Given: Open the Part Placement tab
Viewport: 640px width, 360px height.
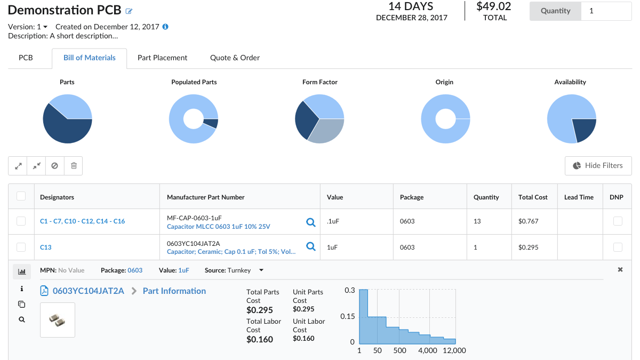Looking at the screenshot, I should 162,58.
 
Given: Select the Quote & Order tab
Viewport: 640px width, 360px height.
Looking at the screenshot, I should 235,58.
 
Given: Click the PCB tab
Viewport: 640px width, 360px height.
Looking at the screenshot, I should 26,58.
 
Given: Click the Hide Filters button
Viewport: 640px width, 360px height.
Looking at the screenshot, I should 598,165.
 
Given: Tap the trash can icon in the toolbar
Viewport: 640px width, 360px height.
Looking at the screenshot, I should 74,166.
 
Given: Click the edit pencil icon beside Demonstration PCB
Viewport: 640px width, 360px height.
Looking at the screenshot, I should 129,11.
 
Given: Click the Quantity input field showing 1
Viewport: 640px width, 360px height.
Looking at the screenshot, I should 606,11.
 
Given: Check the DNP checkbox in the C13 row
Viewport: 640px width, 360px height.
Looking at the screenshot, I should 617,247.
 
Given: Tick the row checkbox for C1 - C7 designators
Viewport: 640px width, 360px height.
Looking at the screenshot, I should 21,221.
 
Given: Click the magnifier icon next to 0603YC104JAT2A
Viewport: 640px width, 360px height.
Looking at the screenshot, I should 310,246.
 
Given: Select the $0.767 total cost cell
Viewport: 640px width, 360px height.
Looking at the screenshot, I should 528,221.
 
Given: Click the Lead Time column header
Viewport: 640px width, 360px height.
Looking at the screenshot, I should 579,197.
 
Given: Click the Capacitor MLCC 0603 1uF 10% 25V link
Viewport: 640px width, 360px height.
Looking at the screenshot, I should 218,227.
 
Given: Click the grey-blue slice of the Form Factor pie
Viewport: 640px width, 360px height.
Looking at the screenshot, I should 323,131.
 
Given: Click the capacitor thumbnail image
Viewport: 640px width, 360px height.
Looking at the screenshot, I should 58,319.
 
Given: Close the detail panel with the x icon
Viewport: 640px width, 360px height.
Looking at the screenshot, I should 620,270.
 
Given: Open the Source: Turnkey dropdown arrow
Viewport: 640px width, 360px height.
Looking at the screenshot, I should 261,270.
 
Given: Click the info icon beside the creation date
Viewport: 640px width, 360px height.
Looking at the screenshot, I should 165,27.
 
